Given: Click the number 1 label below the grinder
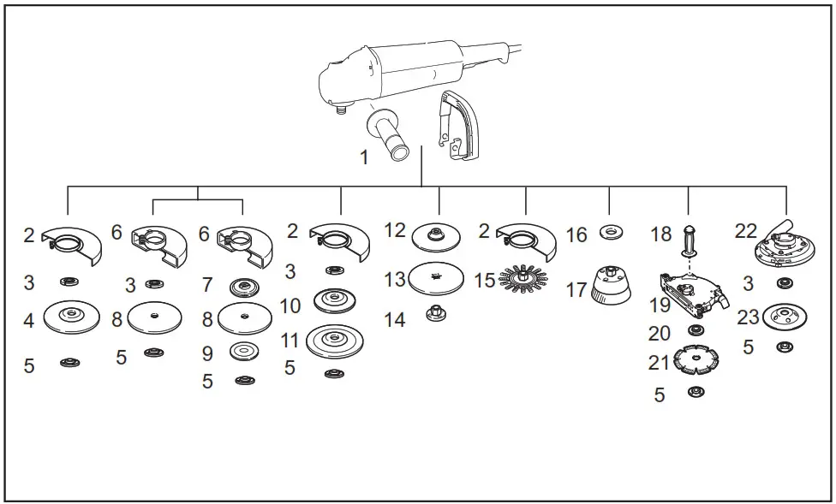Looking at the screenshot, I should [364, 158].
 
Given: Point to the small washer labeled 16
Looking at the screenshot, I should [610, 231].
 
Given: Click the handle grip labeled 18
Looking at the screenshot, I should [689, 239].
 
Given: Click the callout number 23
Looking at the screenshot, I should [748, 317].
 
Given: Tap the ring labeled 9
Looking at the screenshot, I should [244, 350].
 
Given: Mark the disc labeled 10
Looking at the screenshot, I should [334, 299].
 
